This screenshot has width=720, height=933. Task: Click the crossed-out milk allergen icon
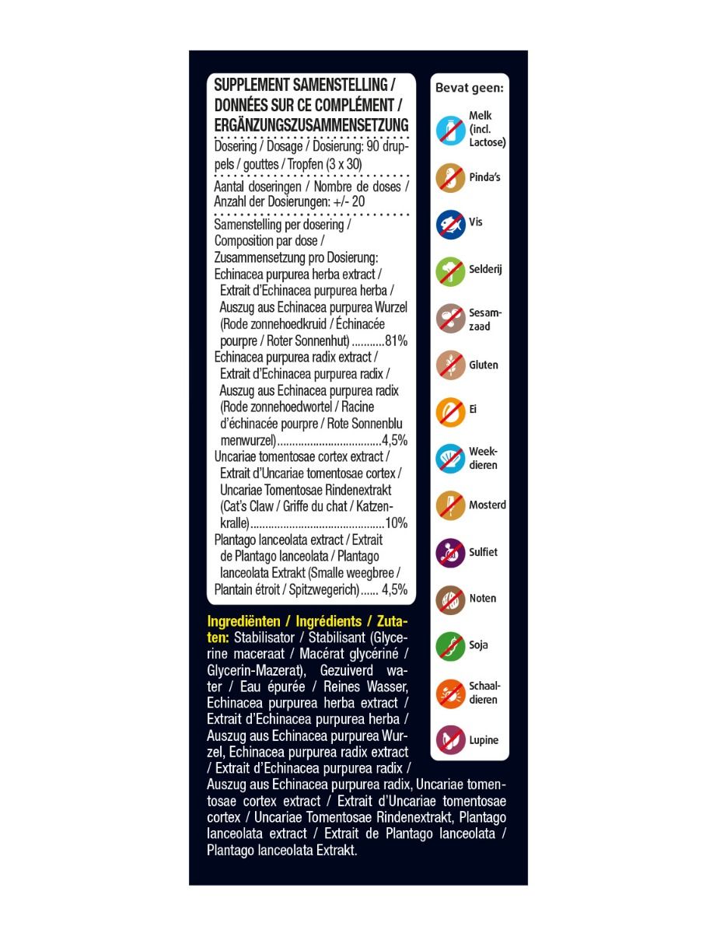pyautogui.click(x=450, y=129)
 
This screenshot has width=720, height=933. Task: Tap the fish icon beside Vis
pyautogui.click(x=450, y=224)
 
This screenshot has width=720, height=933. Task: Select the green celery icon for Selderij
pyautogui.click(x=450, y=271)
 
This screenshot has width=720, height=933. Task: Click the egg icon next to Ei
pyautogui.click(x=450, y=412)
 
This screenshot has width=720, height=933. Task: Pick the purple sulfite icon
pyautogui.click(x=450, y=553)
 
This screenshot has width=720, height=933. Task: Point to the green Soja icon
pyautogui.click(x=450, y=646)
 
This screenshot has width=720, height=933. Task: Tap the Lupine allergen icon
pyautogui.click(x=450, y=740)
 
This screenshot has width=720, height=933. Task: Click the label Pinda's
pyautogui.click(x=484, y=177)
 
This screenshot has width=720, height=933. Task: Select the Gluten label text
pyautogui.click(x=484, y=365)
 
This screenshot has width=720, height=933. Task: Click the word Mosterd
pyautogui.click(x=488, y=505)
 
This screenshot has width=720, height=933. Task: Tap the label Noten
pyautogui.click(x=483, y=599)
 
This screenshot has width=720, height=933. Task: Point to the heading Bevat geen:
pyautogui.click(x=470, y=89)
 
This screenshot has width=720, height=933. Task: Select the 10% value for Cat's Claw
pyautogui.click(x=396, y=522)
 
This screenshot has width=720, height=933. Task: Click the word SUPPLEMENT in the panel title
pyautogui.click(x=251, y=85)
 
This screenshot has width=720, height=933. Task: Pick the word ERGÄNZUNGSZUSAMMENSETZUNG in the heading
pyautogui.click(x=311, y=126)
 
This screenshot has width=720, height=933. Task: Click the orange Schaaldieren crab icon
pyautogui.click(x=450, y=694)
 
